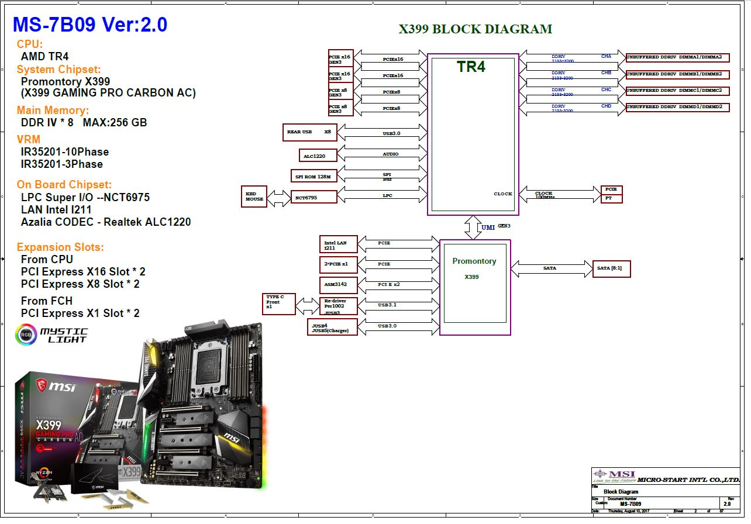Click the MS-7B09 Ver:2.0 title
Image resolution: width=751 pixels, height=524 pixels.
pos(90,24)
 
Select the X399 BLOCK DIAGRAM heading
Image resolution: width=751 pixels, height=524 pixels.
pos(475,29)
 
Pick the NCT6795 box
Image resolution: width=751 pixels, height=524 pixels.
pos(314,197)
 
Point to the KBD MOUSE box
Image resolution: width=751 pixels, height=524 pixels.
pos(254,196)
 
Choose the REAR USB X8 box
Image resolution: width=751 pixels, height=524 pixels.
pos(309,132)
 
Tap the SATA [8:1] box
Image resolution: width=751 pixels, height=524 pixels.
pos(611,268)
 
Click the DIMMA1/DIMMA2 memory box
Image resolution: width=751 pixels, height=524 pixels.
pos(677,58)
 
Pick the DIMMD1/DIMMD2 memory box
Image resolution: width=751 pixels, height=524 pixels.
pos(677,108)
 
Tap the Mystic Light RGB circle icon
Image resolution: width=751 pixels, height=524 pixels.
pos(25,335)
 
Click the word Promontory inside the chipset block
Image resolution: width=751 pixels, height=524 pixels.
pos(474,261)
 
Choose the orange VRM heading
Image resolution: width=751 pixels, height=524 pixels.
pos(29,139)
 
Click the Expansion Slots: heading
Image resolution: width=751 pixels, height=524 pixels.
pos(60,247)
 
